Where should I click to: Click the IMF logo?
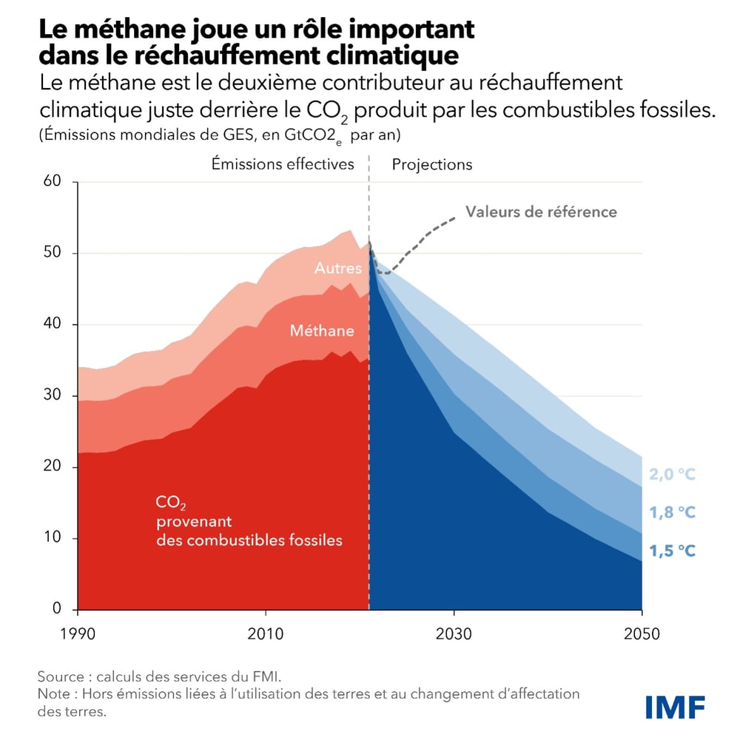click(x=675, y=707)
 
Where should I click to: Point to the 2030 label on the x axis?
click(x=454, y=634)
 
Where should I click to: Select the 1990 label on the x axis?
click(x=77, y=634)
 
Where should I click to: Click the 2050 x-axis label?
click(x=642, y=634)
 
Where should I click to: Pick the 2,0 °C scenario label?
click(x=673, y=474)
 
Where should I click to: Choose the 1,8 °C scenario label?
click(x=673, y=512)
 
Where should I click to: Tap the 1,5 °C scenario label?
click(x=673, y=551)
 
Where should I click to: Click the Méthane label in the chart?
click(x=322, y=331)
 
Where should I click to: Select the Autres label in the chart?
click(x=338, y=268)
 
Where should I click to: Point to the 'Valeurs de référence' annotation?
click(x=541, y=212)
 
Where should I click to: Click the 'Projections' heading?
click(x=432, y=164)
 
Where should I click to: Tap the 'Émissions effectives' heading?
click(x=283, y=164)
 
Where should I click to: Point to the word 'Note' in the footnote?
click(x=55, y=694)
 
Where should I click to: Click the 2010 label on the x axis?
click(x=265, y=634)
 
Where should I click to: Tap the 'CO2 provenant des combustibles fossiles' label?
click(x=249, y=522)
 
